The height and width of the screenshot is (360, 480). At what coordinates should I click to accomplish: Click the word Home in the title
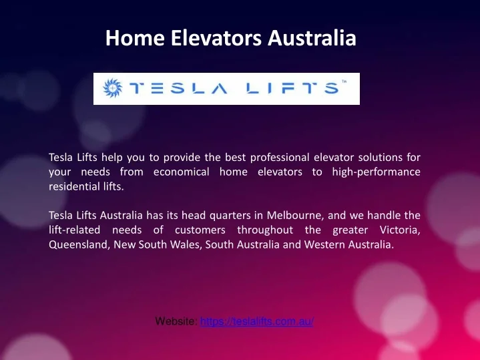[135, 37]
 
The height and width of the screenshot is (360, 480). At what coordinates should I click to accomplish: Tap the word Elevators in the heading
[216, 37]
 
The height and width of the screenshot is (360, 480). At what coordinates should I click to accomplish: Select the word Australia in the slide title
[312, 37]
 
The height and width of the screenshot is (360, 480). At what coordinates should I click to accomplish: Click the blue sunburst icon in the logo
[112, 88]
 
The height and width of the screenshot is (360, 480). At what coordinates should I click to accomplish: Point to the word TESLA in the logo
[178, 88]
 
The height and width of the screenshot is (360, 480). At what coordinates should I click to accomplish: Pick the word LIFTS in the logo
[292, 88]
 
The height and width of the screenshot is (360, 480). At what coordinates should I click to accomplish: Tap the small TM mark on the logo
[344, 81]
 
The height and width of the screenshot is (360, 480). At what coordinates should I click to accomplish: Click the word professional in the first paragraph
[280, 158]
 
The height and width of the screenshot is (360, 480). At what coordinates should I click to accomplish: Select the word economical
[181, 172]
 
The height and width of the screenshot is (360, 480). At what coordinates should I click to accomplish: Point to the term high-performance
[377, 172]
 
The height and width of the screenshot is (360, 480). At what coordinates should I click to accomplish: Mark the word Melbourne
[295, 215]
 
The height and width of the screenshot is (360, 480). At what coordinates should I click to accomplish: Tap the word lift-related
[74, 230]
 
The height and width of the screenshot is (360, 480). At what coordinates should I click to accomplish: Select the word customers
[200, 230]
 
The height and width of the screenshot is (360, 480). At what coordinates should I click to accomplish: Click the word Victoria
[400, 230]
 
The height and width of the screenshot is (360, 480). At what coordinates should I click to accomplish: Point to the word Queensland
[79, 244]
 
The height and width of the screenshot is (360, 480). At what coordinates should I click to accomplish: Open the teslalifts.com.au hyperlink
[257, 321]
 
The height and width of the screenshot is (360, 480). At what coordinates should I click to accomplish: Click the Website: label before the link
[176, 321]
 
